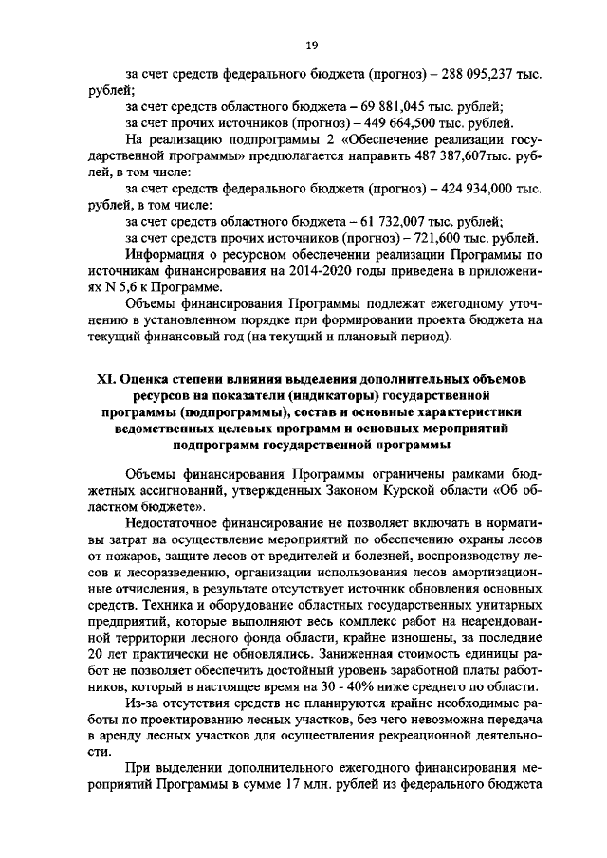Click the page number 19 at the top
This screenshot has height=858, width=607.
310,43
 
